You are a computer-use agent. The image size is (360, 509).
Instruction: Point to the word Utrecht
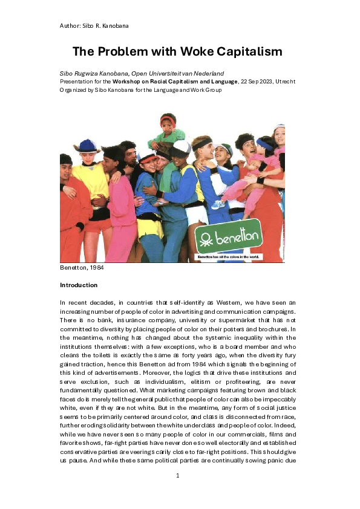pos(284,80)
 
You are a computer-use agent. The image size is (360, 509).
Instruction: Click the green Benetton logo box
pos(228,239)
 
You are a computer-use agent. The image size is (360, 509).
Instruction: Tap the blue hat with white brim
pos(88,146)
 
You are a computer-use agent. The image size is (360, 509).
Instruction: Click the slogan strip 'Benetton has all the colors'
pos(227,257)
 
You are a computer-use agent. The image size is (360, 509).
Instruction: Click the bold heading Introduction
pos(78,285)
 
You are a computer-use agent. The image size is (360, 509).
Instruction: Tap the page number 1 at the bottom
pos(178,476)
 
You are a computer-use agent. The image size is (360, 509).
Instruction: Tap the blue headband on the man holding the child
pos(264,145)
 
